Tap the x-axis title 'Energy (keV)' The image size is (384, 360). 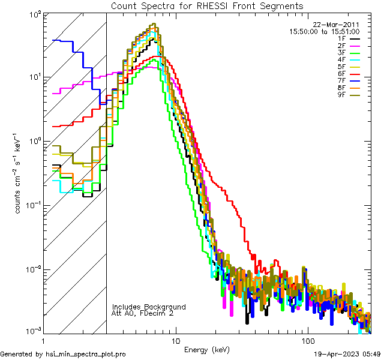[206, 349]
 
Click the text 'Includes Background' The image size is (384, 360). [149, 307]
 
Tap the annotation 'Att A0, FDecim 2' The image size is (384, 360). [143, 313]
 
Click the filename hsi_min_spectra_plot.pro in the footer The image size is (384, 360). [86, 354]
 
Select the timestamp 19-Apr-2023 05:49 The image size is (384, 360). [347, 354]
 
